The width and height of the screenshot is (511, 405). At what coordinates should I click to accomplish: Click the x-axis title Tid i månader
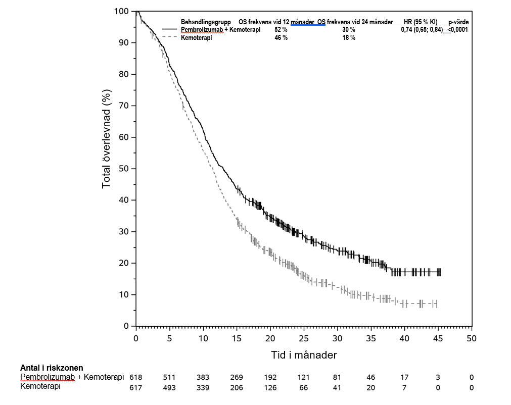tap(303, 355)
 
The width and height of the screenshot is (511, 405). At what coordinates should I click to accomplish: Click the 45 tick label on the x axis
tap(438, 338)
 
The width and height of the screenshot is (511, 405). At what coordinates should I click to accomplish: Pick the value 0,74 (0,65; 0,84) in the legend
tap(422, 30)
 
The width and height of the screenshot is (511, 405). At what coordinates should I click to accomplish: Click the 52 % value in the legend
tap(281, 30)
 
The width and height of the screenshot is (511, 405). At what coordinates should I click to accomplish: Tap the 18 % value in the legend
tap(349, 38)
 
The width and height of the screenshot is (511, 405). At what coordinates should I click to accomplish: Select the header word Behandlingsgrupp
tap(206, 22)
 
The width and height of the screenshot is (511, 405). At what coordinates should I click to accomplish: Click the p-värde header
tap(458, 22)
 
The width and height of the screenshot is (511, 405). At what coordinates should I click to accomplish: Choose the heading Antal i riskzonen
tap(52, 368)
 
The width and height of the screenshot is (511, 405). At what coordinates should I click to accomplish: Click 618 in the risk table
tap(136, 377)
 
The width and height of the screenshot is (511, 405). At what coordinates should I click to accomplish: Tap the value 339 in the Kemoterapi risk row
tap(203, 387)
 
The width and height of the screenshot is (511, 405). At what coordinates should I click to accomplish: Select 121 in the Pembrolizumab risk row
tap(303, 377)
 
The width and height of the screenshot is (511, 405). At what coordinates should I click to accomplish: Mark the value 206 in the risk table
tap(236, 387)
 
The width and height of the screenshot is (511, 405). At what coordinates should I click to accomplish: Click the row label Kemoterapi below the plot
tap(40, 386)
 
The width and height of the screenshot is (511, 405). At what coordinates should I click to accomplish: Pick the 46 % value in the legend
tap(281, 38)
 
